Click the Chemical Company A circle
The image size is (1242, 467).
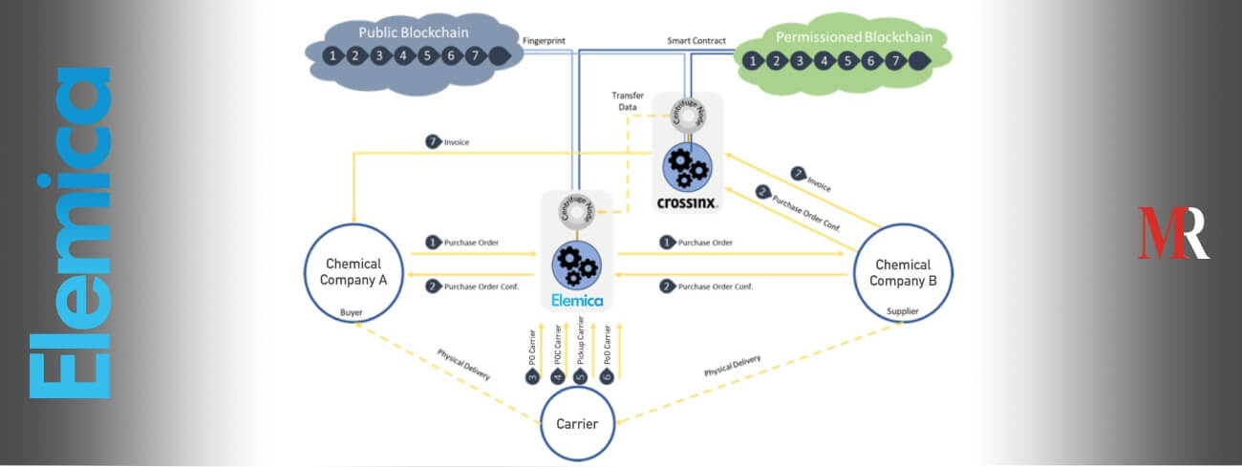[353, 272]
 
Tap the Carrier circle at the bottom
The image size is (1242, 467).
[578, 422]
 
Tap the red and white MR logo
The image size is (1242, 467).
[1173, 232]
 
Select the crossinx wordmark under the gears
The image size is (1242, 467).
[688, 202]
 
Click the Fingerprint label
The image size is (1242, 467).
[546, 40]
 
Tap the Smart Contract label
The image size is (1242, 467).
[696, 41]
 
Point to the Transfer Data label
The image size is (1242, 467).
[628, 102]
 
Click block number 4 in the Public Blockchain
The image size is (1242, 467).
[402, 55]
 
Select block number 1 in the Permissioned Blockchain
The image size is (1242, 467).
[754, 62]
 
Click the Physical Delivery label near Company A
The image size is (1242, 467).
[464, 363]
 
